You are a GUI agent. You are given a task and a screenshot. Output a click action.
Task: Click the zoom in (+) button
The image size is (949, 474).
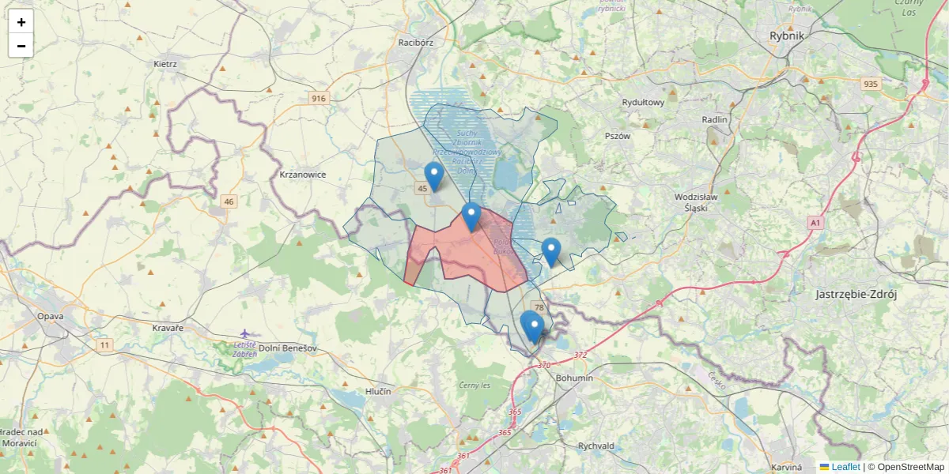coord(21,22)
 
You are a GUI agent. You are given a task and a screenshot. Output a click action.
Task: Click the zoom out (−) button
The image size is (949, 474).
coord(21,46)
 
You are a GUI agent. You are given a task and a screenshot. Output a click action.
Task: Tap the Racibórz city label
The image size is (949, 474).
coord(416,43)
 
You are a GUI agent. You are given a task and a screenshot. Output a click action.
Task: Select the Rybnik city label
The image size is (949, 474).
coord(786,36)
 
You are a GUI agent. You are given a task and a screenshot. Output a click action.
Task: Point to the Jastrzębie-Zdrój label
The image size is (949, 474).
coord(856,295)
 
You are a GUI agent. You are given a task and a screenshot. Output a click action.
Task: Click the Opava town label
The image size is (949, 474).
coord(50,316)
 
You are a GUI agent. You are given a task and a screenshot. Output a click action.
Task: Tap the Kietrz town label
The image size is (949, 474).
coord(165,64)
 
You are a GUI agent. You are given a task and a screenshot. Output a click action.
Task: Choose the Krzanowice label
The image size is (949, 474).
coord(303,175)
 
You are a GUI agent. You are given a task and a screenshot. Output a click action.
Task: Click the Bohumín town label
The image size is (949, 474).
coord(575,378)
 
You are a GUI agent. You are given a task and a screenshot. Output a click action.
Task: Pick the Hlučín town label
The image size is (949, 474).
coord(378,391)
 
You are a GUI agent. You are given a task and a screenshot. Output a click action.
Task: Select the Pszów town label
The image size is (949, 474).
coord(617,136)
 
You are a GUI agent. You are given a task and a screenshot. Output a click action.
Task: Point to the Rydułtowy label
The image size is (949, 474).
coord(643,103)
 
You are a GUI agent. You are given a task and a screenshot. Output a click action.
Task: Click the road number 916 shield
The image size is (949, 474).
coord(319,99)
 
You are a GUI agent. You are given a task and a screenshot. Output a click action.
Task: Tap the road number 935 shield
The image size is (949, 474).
coord(871,84)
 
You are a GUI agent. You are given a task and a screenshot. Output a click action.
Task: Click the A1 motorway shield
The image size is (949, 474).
coord(815,224)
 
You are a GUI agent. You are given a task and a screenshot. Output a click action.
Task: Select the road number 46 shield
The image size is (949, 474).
coord(229,201)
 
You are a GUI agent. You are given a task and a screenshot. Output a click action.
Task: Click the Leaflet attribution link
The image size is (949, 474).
coord(845,467)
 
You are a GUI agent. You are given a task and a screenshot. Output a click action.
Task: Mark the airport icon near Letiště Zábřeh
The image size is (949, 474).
coord(245,333)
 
